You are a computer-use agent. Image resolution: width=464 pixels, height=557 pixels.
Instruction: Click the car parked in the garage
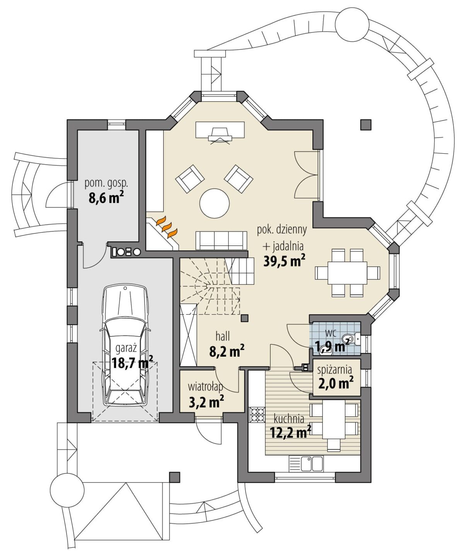pyautogui.click(x=125, y=346)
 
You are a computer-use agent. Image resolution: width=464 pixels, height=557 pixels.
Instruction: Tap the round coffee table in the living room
pyautogui.click(x=215, y=203)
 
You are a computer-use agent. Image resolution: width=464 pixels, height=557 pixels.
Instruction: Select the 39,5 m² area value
pyautogui.click(x=284, y=261)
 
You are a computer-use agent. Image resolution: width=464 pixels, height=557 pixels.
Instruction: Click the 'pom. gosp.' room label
pyautogui.click(x=106, y=183)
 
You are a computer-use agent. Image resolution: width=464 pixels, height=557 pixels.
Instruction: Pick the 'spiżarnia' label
pyautogui.click(x=334, y=370)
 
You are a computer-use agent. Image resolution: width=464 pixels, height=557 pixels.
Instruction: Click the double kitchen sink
pyautogui.click(x=312, y=464)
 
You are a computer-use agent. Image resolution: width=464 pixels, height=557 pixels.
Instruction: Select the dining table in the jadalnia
pyautogui.click(x=348, y=273)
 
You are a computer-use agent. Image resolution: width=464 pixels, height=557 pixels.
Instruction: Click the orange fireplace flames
pyautogui.click(x=167, y=227)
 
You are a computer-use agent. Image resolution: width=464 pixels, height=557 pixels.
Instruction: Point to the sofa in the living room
pyautogui.click(x=221, y=240)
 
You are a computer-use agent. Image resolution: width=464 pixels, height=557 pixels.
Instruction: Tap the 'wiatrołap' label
pyautogui.click(x=206, y=386)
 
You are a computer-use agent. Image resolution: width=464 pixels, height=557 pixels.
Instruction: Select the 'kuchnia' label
pyautogui.click(x=289, y=419)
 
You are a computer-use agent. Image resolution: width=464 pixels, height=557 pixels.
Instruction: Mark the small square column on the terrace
pyautogui.click(x=366, y=125)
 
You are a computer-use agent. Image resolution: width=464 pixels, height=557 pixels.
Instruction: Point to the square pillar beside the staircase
pyautogui.click(x=244, y=318)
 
